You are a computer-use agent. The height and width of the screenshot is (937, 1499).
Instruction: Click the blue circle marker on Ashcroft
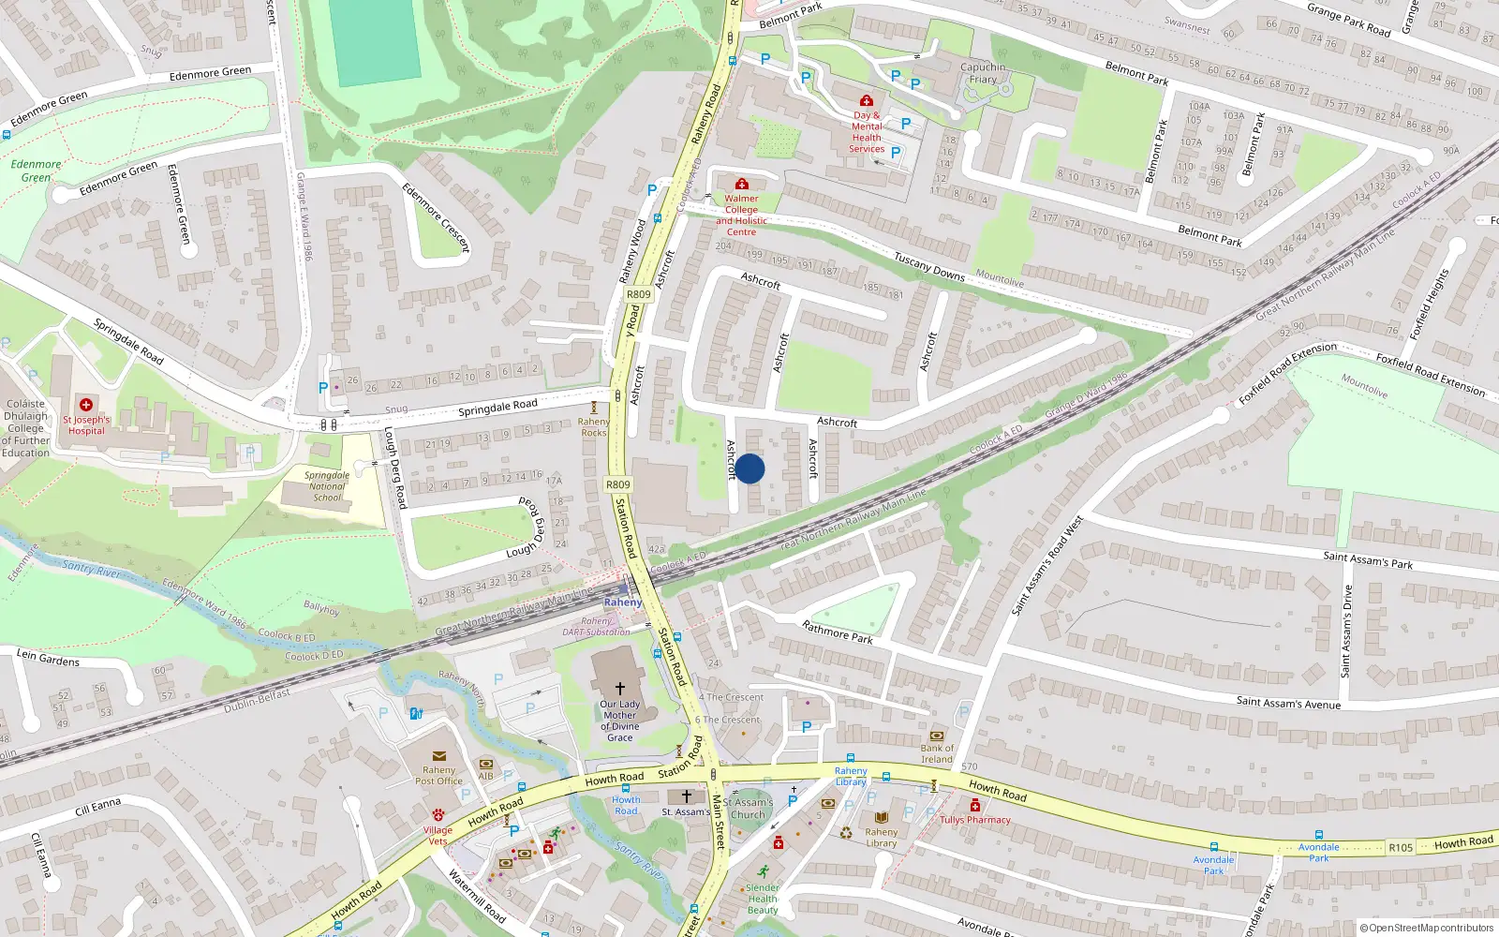point(749,468)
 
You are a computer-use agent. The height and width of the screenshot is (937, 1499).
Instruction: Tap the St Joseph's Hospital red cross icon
point(86,405)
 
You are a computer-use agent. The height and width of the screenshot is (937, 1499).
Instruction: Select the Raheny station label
point(623,602)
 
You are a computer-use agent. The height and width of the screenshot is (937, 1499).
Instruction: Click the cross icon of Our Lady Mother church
point(619,688)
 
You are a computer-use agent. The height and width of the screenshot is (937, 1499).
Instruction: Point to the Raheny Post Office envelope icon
point(438,755)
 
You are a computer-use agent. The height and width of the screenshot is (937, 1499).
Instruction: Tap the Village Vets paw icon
point(438,814)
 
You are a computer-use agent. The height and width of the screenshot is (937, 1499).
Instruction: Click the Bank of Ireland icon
point(936,736)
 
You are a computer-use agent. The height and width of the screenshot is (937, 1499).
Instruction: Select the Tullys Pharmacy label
point(975,819)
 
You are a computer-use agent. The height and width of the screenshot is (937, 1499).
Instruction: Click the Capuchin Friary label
point(983,73)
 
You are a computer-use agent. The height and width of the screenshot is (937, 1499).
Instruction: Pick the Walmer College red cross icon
point(742,184)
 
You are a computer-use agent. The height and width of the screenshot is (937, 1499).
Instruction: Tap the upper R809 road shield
point(638,294)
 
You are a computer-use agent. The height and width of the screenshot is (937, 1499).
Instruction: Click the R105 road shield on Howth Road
point(1401,847)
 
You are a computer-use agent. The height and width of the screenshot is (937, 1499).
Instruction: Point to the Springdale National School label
point(327,486)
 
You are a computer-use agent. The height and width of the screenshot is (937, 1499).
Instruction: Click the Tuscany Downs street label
point(928,266)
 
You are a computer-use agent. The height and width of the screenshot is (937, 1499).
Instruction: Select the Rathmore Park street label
point(837,632)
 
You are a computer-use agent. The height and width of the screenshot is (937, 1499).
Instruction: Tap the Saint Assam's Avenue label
point(1288,702)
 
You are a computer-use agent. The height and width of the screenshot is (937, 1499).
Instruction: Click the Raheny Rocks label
point(594,427)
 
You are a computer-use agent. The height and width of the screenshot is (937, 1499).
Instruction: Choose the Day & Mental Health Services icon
point(867,100)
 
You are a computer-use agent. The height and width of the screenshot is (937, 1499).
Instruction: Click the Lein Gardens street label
point(48,658)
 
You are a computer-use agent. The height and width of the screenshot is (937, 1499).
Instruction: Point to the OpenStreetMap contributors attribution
point(1427,928)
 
